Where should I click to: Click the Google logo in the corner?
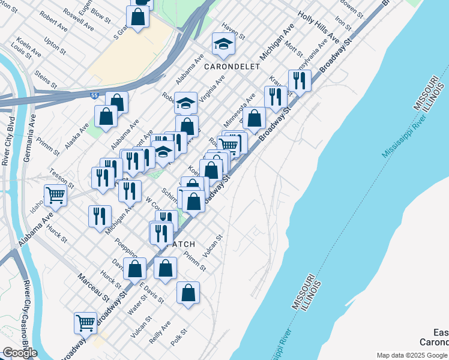click(x=20, y=353)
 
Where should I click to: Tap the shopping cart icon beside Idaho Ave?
click(x=55, y=194)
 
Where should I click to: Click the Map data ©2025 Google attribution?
click(x=412, y=355)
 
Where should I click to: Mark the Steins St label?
click(x=46, y=79)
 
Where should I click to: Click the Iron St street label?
click(x=343, y=22)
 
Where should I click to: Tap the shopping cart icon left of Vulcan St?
click(x=85, y=322)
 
